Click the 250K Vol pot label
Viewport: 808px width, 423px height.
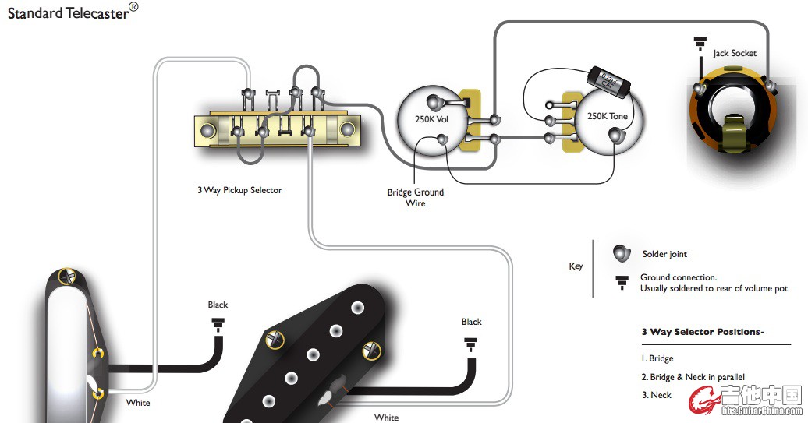point(431,119)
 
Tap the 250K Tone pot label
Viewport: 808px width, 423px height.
point(608,116)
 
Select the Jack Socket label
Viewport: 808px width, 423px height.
point(734,54)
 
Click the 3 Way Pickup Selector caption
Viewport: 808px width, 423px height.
point(239,190)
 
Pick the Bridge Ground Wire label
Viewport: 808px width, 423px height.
point(416,197)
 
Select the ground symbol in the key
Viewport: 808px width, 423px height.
point(622,282)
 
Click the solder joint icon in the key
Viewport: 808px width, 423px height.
point(621,254)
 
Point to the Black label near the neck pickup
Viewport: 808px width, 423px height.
point(218,305)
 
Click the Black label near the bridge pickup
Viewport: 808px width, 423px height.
point(471,322)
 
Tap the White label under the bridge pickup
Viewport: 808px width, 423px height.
point(386,418)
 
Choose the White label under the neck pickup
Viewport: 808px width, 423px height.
point(138,403)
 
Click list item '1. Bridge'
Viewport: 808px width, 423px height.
point(657,359)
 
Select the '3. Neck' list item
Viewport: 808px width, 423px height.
point(656,395)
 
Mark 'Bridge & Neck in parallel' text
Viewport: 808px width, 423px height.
point(697,377)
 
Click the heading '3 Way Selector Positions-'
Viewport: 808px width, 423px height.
point(703,332)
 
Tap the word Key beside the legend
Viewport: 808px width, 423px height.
point(576,266)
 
